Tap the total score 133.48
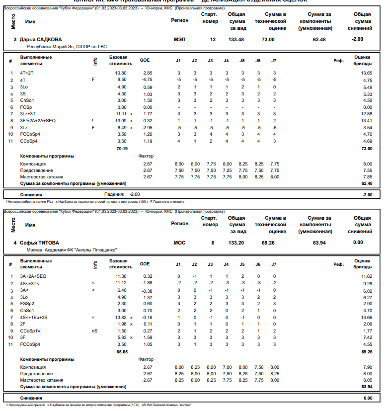pyautogui.click(x=236, y=39)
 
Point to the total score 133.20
pyautogui.click(x=236, y=243)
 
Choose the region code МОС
pyautogui.click(x=179, y=243)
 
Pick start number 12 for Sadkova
pyautogui.click(x=213, y=39)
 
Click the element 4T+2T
pyautogui.click(x=27, y=73)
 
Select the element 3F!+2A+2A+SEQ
pyautogui.click(x=38, y=120)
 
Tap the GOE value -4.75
pyautogui.click(x=147, y=80)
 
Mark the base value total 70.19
pyautogui.click(x=121, y=148)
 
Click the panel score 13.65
pyautogui.click(x=367, y=73)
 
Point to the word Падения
pyautogui.click(x=114, y=194)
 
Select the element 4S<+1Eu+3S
pyautogui.click(x=34, y=317)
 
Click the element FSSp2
pyautogui.click(x=27, y=303)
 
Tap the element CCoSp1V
pyautogui.click(x=30, y=330)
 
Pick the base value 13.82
pyautogui.click(x=121, y=317)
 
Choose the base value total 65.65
pyautogui.click(x=121, y=351)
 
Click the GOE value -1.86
pyautogui.click(x=147, y=283)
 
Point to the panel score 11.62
pyautogui.click(x=367, y=276)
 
